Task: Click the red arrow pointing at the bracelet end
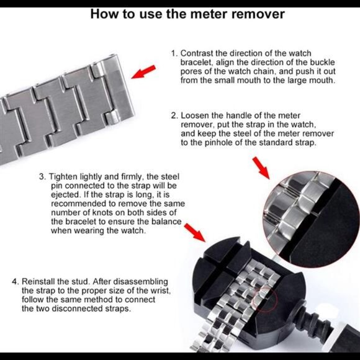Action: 143,72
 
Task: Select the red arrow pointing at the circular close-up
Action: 261,168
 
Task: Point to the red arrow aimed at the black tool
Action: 195,233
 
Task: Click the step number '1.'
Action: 174,53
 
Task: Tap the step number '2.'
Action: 174,115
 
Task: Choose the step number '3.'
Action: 43,177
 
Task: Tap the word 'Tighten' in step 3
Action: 63,177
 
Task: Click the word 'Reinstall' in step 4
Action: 38,281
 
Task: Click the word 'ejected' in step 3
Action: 66,195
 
